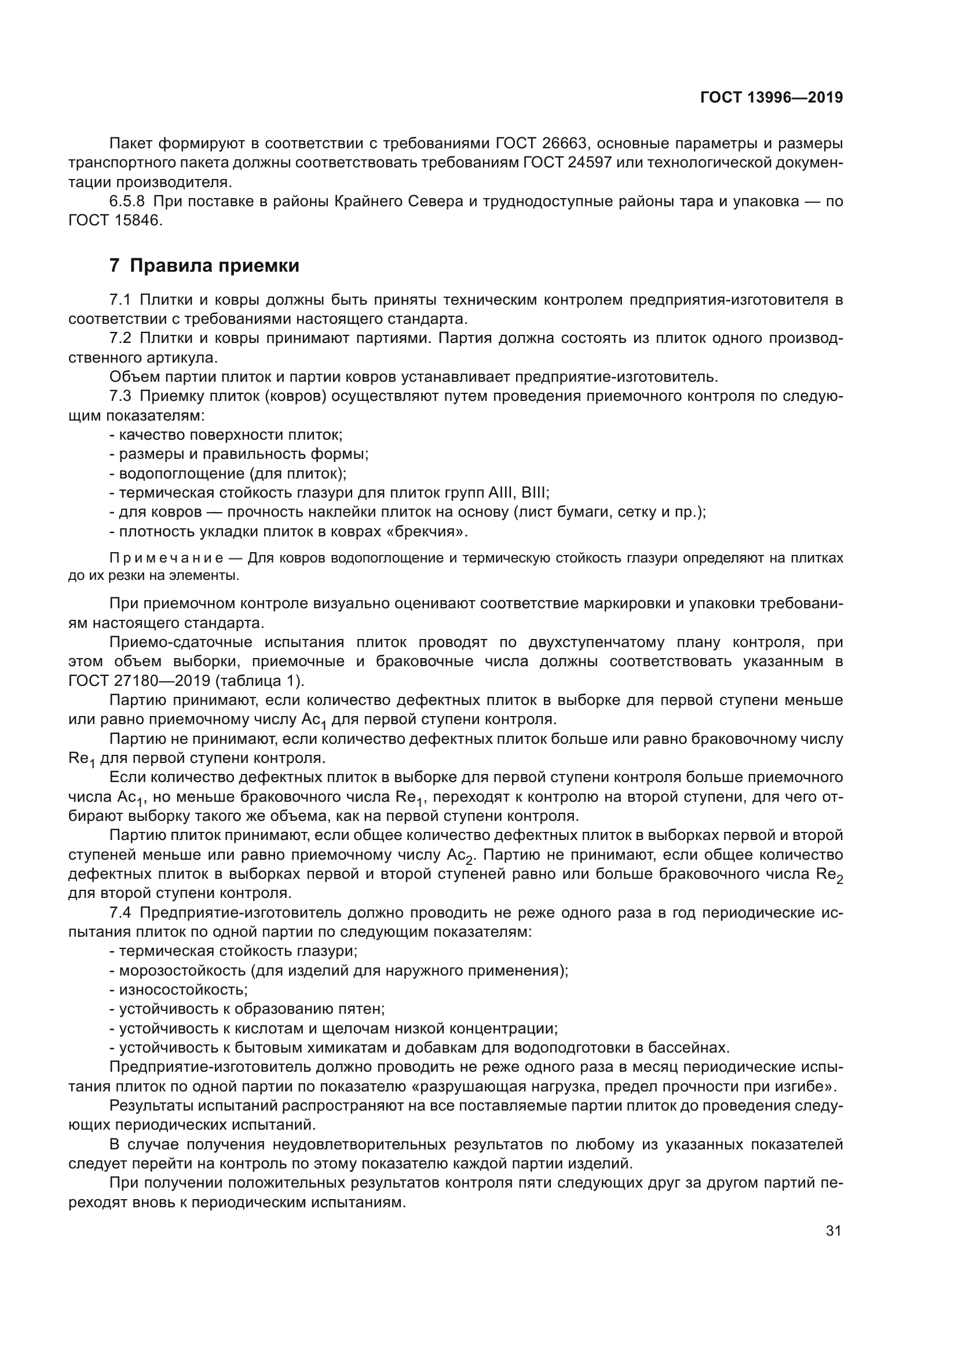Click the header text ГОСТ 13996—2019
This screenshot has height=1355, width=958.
771,98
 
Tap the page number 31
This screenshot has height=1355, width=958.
833,1230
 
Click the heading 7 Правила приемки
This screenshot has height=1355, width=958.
204,265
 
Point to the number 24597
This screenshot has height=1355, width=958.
589,162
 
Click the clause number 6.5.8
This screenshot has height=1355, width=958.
127,201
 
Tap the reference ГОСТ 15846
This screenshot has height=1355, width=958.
115,221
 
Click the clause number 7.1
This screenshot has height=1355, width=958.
120,300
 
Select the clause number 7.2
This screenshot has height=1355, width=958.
120,339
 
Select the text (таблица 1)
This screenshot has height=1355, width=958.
259,681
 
